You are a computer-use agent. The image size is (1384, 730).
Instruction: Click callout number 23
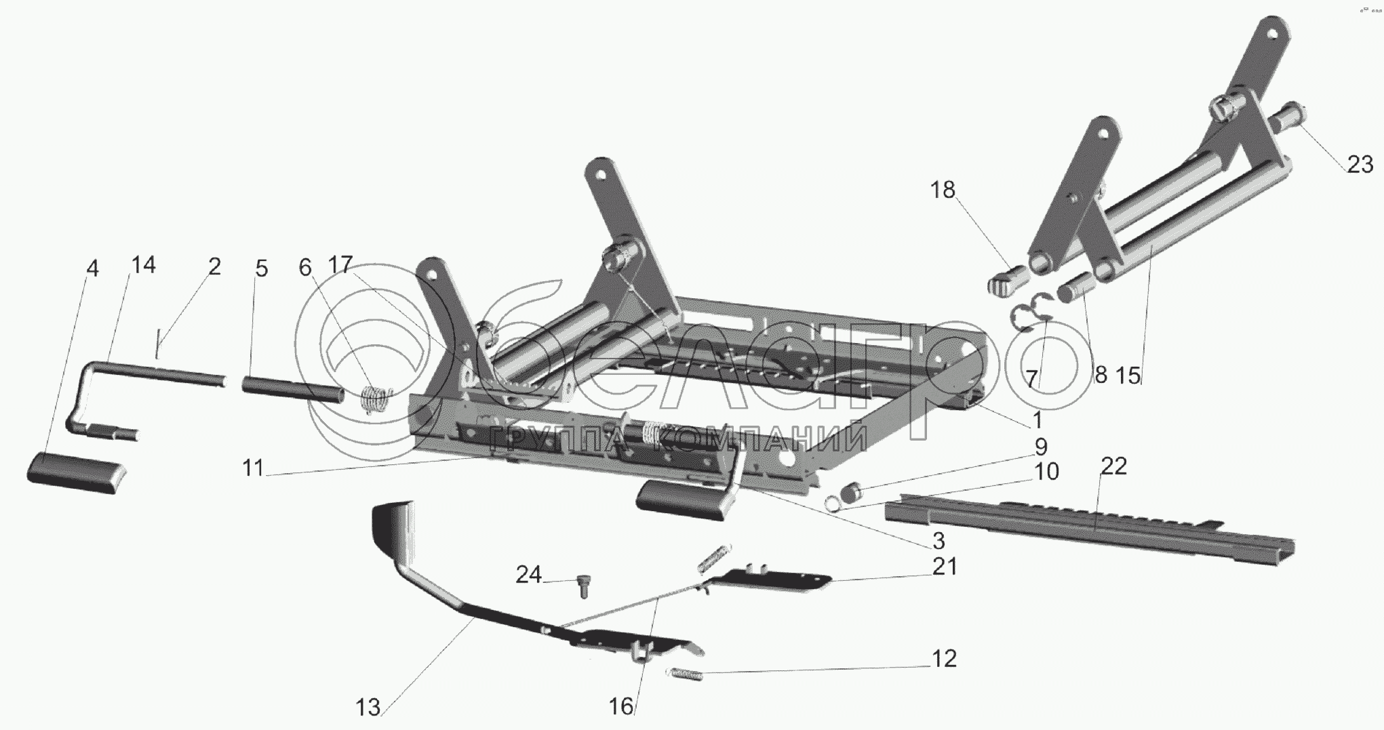click(x=1359, y=165)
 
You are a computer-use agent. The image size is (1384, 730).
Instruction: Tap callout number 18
click(x=942, y=190)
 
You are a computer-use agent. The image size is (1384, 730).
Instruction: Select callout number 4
click(x=93, y=268)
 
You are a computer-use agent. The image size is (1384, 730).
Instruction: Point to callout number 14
click(x=143, y=265)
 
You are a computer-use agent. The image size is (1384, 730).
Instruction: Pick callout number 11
click(x=253, y=468)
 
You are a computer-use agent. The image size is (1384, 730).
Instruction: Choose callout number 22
click(x=1113, y=466)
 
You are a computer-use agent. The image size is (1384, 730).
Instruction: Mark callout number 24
click(x=529, y=575)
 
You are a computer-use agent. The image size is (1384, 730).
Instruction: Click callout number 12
click(x=943, y=658)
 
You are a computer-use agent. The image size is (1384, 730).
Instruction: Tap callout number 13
click(x=368, y=708)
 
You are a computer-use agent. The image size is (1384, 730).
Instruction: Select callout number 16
click(x=621, y=706)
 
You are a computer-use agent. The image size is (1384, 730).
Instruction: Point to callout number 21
click(x=944, y=566)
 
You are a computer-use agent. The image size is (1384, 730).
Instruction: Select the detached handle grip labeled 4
click(x=77, y=468)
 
